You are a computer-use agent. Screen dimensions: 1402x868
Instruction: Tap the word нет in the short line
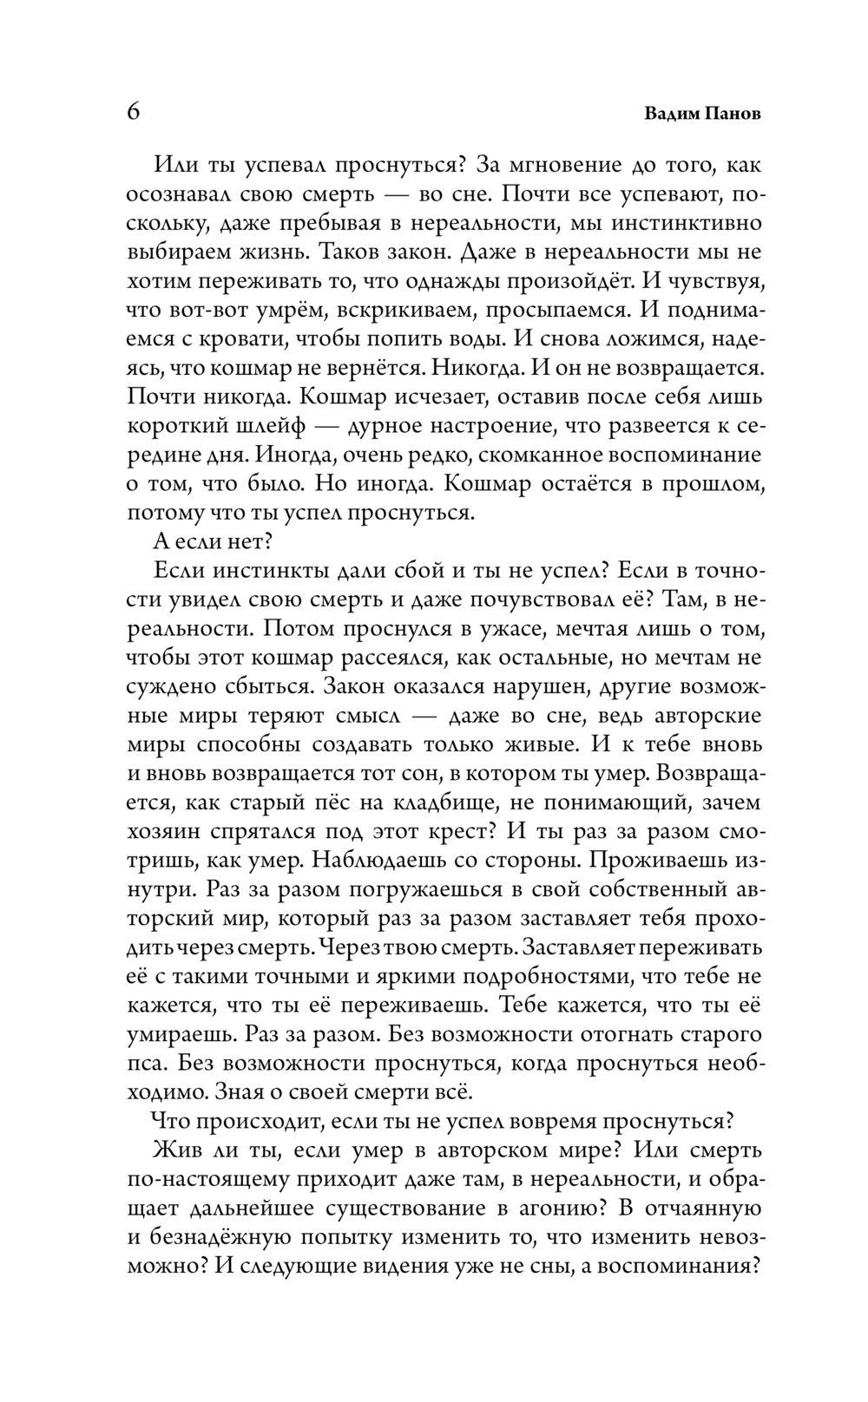(253, 541)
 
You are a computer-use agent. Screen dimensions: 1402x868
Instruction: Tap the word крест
(460, 831)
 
